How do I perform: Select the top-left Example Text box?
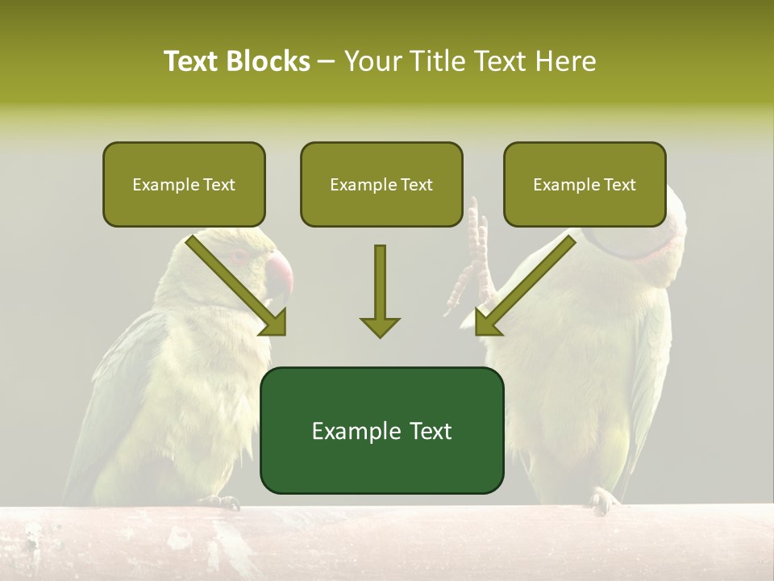point(184,184)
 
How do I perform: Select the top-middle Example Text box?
point(381,184)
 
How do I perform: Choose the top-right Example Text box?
point(585,184)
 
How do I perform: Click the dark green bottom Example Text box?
point(381,430)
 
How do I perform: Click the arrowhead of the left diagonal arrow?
point(273,323)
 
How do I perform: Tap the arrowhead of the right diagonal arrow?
point(489,323)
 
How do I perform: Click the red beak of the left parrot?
point(279,274)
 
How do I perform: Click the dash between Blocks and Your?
point(327,61)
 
